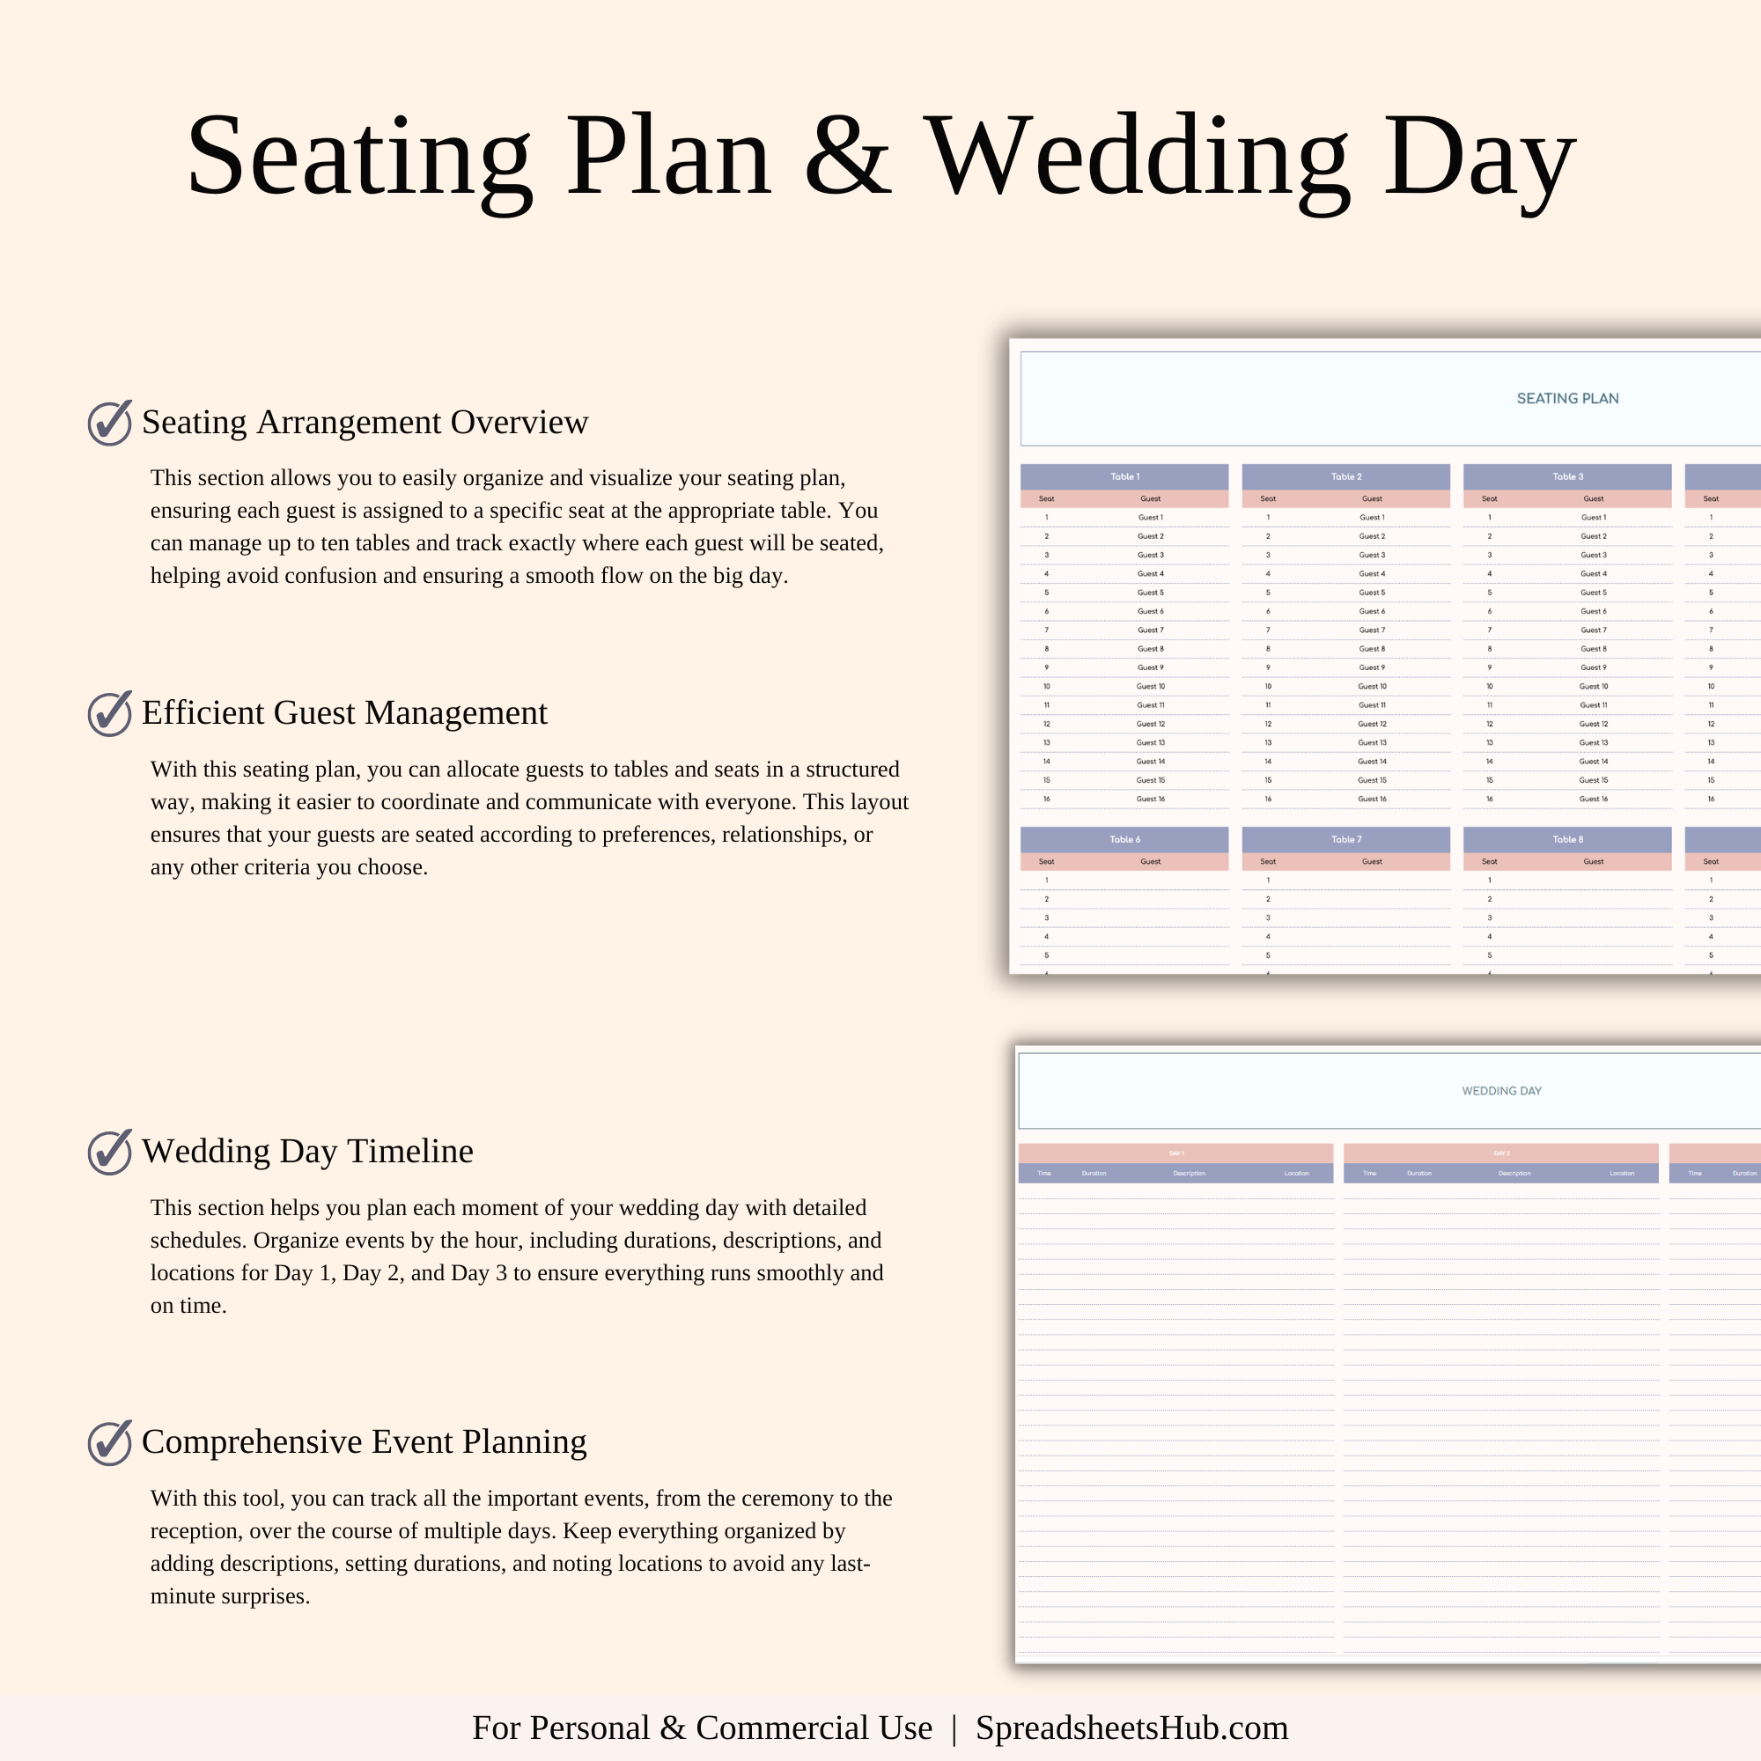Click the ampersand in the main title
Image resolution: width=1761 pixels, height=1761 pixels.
click(x=847, y=157)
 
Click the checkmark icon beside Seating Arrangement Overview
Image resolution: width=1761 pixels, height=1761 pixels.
click(x=109, y=423)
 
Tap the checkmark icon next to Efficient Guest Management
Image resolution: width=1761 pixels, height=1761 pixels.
click(x=109, y=714)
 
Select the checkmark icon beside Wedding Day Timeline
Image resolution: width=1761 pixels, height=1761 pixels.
click(x=109, y=1152)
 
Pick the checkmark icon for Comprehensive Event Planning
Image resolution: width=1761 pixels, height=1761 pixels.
click(x=109, y=1443)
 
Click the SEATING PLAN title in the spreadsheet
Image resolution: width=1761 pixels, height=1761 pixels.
click(x=1567, y=398)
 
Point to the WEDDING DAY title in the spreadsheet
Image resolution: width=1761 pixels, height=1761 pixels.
click(x=1501, y=1091)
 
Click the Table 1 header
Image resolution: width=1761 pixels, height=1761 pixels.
click(x=1124, y=476)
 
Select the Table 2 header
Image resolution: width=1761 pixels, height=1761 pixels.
click(x=1345, y=476)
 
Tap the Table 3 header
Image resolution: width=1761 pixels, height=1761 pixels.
click(x=1568, y=476)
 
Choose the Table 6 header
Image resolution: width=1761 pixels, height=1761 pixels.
click(x=1124, y=839)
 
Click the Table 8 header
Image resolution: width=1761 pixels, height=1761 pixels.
click(x=1568, y=839)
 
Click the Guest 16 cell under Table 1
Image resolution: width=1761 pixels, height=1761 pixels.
click(x=1150, y=799)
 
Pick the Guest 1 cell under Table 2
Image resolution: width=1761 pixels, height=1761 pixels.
click(x=1372, y=518)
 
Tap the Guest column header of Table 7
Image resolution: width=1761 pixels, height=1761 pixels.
click(x=1372, y=861)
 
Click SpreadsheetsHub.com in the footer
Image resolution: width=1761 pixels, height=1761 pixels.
click(x=1131, y=1728)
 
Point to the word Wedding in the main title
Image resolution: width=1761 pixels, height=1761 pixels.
click(x=1136, y=157)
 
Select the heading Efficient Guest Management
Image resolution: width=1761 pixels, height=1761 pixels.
click(x=343, y=713)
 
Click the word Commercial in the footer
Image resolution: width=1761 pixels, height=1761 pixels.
click(x=813, y=1728)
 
